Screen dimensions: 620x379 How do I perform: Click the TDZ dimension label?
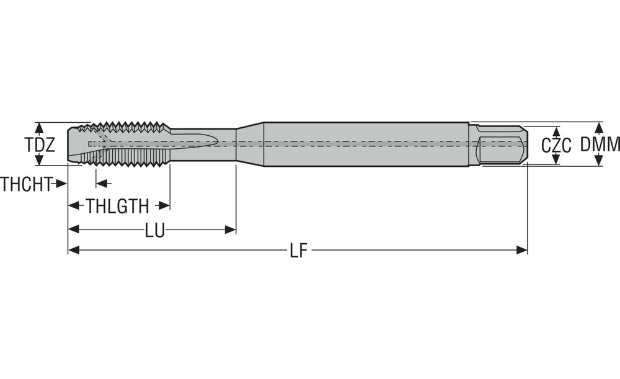40,145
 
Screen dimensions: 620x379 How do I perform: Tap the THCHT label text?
26,184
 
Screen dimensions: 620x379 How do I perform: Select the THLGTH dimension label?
117,206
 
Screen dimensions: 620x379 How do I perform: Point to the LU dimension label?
154,230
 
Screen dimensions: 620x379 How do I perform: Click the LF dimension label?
298,251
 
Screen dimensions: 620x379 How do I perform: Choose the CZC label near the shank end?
556,146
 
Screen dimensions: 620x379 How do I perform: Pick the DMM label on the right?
600,145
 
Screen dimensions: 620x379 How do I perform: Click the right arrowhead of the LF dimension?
522,250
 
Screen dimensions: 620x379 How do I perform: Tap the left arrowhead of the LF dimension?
74,250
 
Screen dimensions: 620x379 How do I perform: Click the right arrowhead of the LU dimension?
231,230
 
